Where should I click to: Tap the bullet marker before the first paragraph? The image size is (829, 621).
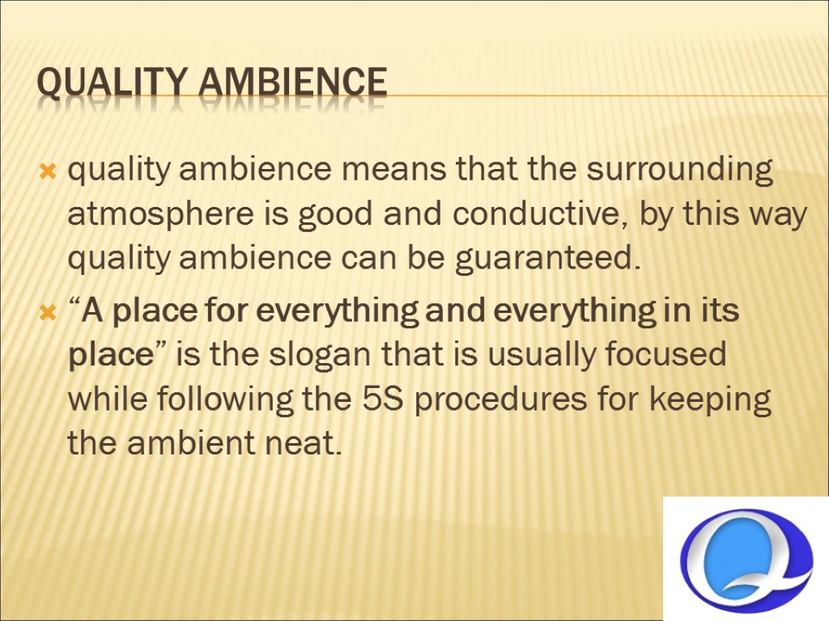[x=47, y=172]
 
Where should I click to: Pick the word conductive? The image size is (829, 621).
[x=538, y=216]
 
